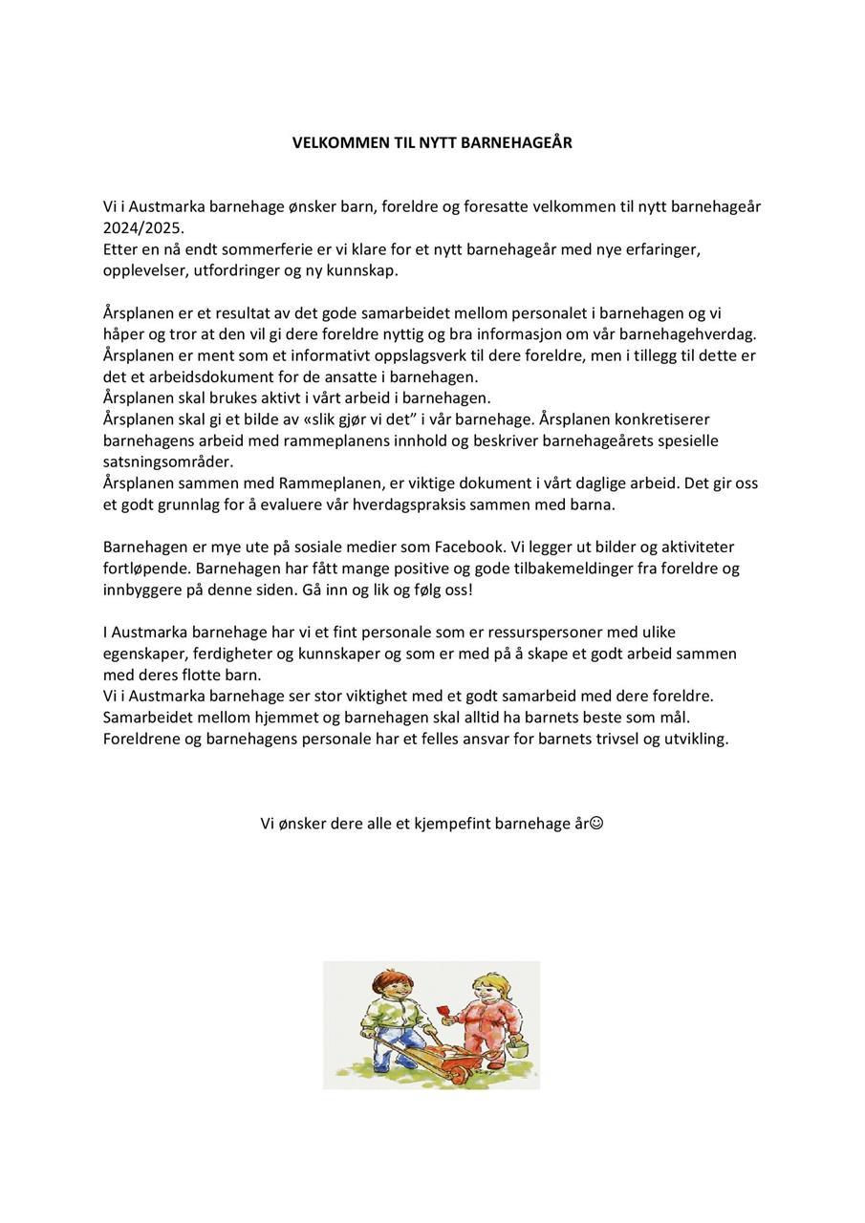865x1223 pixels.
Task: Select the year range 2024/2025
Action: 143,228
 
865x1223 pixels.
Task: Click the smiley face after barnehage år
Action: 596,823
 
